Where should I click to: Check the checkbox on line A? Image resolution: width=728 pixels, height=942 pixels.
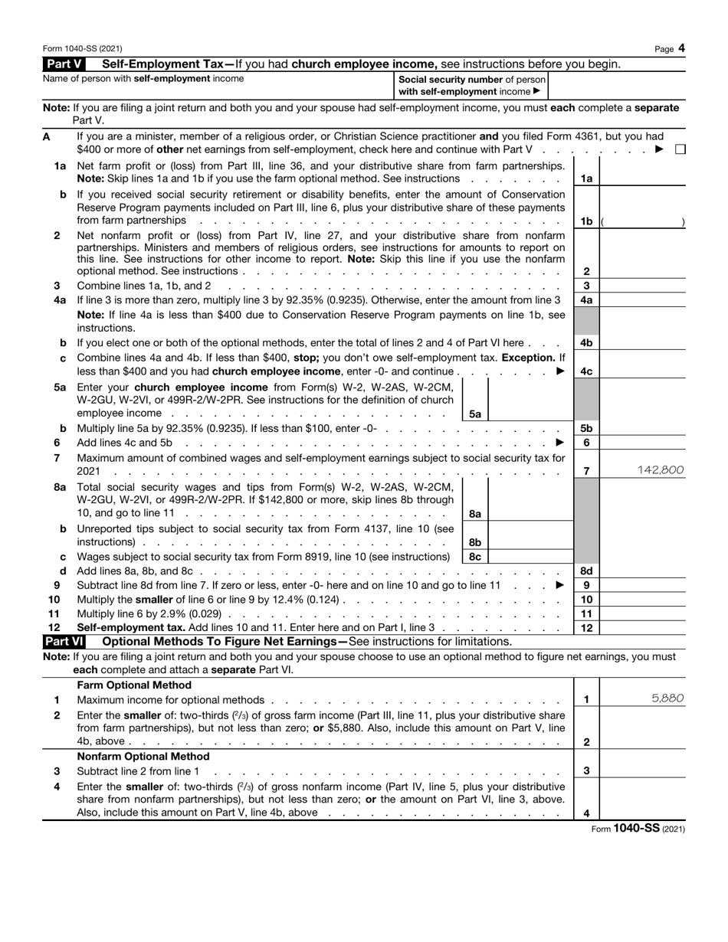(680, 150)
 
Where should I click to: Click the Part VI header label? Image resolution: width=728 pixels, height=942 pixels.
(67, 641)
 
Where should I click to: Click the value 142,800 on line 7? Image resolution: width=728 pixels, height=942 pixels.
(660, 470)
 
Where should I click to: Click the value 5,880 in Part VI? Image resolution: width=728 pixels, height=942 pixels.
(667, 698)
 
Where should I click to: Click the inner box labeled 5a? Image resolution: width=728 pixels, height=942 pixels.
(474, 414)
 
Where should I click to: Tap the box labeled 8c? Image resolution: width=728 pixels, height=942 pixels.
(474, 557)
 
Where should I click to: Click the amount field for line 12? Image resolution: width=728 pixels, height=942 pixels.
(643, 628)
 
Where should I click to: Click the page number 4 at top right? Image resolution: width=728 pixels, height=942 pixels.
(681, 48)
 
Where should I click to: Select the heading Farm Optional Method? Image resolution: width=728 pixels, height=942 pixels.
(134, 685)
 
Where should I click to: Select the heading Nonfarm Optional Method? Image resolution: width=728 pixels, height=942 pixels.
(144, 756)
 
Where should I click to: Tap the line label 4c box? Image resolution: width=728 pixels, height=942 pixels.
(586, 371)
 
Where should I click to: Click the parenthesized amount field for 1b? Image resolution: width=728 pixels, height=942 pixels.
(643, 221)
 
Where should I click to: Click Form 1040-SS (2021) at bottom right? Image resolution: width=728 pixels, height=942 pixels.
(638, 829)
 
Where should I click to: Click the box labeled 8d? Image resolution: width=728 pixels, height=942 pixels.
(586, 571)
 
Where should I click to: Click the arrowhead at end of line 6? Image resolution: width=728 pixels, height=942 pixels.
(559, 443)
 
